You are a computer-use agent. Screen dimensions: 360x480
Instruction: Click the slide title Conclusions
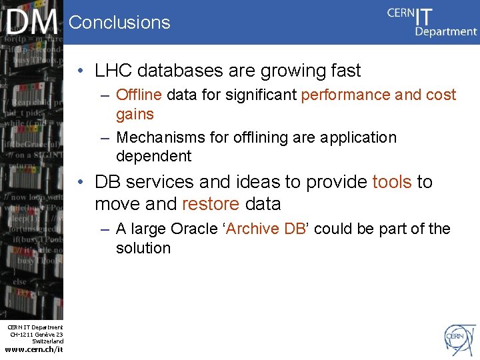[119, 23]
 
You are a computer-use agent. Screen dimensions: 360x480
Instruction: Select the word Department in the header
[446, 31]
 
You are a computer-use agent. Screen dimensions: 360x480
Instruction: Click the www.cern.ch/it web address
[33, 349]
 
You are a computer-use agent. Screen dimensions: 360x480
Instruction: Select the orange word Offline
[139, 95]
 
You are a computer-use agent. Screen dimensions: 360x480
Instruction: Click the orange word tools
[392, 182]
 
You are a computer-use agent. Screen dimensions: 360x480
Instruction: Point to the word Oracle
[195, 229]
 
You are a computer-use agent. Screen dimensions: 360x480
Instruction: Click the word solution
[143, 248]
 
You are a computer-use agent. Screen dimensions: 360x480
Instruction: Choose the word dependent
[153, 157]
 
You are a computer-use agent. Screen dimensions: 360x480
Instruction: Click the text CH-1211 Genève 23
[36, 334]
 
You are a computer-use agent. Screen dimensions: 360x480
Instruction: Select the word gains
[135, 114]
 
